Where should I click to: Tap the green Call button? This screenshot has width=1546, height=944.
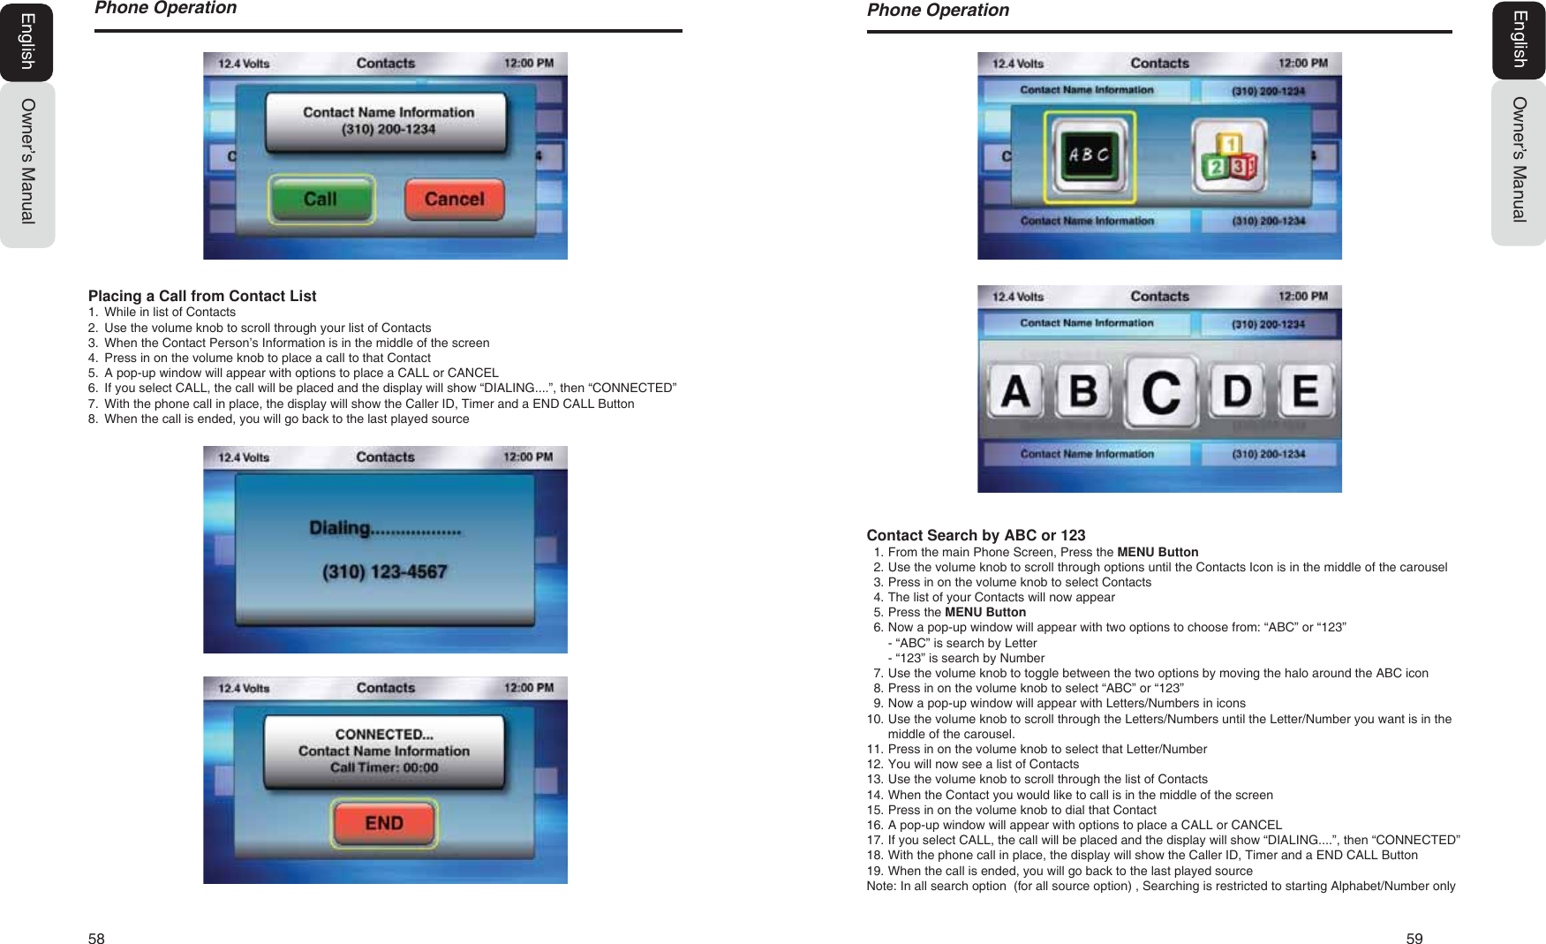click(x=321, y=200)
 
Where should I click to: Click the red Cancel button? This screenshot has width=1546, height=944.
click(x=454, y=200)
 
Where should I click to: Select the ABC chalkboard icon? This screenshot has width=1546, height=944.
click(x=1090, y=156)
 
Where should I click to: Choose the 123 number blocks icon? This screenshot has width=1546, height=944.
click(x=1229, y=156)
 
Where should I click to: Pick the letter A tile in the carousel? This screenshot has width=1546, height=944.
click(x=1015, y=391)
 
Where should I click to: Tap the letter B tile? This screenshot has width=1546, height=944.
click(x=1083, y=391)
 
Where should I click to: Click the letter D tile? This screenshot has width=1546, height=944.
click(x=1236, y=391)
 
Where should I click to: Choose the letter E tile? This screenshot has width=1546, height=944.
click(x=1305, y=391)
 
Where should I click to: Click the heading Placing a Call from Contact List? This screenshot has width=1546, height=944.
click(x=202, y=296)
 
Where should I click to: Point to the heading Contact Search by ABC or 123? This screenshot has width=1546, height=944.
click(x=976, y=535)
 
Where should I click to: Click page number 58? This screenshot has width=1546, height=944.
click(x=96, y=939)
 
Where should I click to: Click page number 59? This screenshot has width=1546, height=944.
click(x=1414, y=939)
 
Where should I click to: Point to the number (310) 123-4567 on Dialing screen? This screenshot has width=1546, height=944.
click(x=384, y=572)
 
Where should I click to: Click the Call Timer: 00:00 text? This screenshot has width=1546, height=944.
click(x=384, y=767)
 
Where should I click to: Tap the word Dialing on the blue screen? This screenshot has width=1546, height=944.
click(x=340, y=528)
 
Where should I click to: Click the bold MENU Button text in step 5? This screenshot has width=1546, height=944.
click(x=985, y=612)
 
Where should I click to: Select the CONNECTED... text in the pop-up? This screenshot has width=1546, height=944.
click(x=384, y=734)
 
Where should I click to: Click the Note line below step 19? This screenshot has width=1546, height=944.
click(x=1160, y=886)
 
